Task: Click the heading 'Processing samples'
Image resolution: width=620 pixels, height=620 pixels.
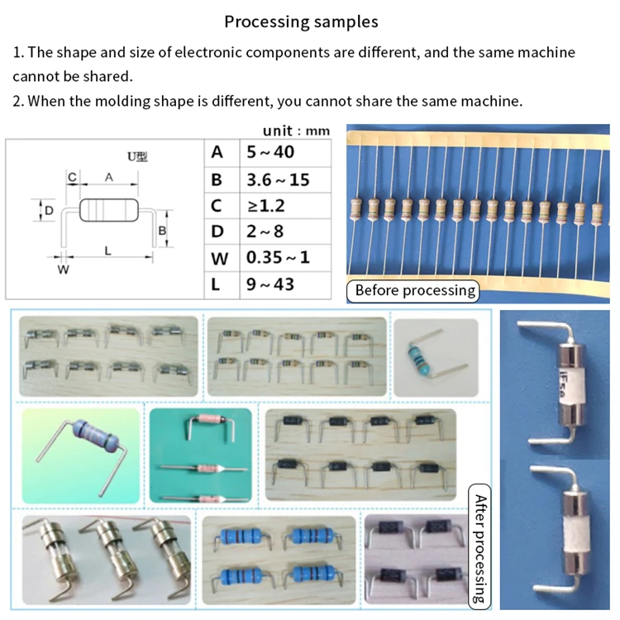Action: pos(301,22)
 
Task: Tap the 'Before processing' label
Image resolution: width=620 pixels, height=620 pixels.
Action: pos(415,290)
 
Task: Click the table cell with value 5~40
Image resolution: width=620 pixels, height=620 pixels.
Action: pos(270,152)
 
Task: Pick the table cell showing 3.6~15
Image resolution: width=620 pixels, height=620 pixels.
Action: pos(278,179)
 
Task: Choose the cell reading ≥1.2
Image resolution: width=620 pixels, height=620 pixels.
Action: pos(267,205)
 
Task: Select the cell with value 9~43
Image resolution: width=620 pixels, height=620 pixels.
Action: pos(270,284)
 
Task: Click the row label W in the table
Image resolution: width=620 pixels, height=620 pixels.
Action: pos(219,258)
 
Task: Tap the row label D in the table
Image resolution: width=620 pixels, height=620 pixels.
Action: pos(218,231)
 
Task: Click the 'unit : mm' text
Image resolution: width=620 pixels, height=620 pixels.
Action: pos(296,131)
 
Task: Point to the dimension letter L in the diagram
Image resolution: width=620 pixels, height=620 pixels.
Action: pos(107,250)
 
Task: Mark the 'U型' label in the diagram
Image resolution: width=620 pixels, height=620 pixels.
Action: pos(137,156)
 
